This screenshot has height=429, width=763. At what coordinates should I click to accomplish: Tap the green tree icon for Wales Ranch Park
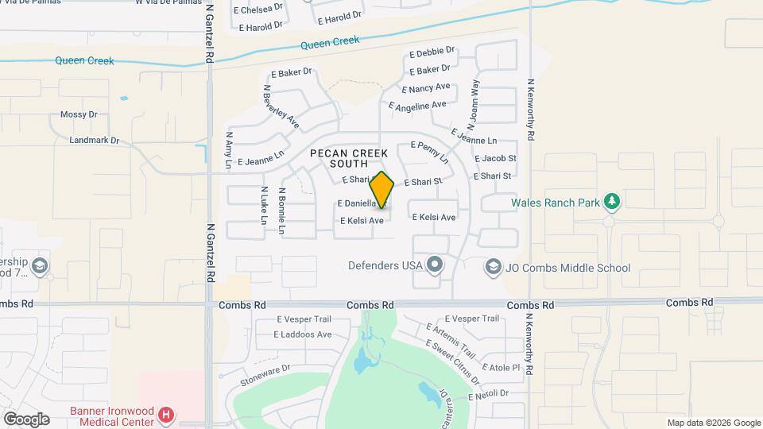pos(611,202)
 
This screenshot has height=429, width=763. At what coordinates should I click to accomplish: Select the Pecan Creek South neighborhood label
pos(348,158)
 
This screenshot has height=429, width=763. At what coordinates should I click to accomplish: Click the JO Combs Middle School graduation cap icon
pos(494,268)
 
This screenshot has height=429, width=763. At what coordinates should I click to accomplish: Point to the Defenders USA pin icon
pos(434,265)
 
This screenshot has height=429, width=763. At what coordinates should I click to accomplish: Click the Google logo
pos(26,419)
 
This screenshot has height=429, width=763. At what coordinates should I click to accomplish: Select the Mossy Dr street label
pos(79,115)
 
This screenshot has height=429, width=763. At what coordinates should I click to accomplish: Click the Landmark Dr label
pos(94,141)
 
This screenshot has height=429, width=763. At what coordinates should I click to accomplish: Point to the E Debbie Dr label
pos(432,52)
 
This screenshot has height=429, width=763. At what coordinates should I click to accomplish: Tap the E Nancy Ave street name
pos(426,88)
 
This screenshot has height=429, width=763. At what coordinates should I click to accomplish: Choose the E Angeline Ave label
pos(417,106)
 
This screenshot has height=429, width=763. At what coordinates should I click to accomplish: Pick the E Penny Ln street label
pos(429,152)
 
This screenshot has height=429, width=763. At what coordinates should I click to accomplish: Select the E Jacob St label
pos(494,159)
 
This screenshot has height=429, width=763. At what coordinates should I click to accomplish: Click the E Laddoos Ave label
pos(303,334)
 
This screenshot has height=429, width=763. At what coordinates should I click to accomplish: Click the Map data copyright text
pos(713,423)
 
